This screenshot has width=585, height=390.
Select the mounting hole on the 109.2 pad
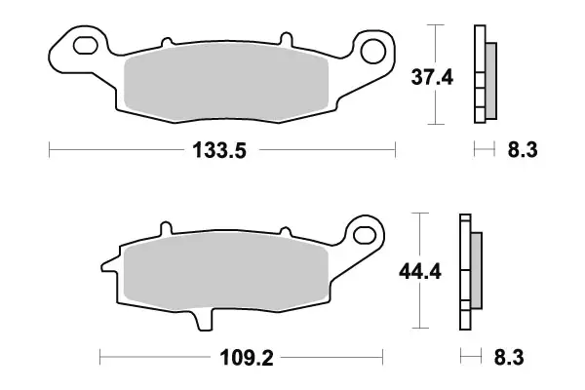[365, 234]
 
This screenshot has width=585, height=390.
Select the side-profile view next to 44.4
[468, 272]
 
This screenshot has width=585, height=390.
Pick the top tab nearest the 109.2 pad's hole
[287, 231]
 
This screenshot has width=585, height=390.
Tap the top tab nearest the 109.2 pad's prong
[158, 231]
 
